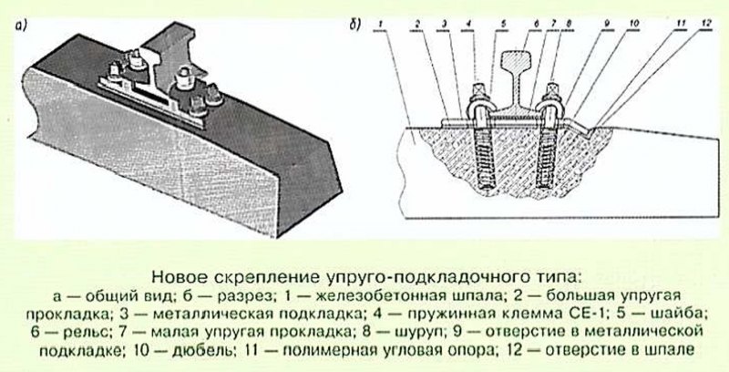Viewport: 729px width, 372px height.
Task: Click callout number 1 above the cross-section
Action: (381, 24)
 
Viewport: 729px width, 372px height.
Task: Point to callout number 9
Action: (607, 24)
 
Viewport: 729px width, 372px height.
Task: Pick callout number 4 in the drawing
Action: (469, 24)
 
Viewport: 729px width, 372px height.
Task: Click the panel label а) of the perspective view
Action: (21, 27)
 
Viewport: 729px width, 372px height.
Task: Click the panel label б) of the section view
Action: (354, 25)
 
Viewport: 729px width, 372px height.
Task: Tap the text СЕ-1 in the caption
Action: (591, 313)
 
